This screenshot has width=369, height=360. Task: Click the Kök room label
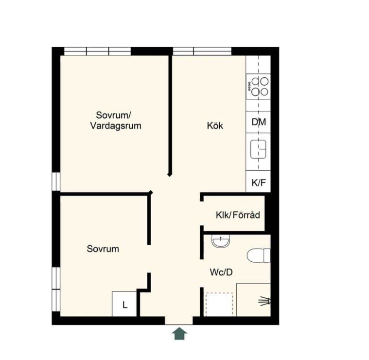[x=215, y=126]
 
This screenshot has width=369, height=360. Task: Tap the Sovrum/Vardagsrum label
[x=116, y=120]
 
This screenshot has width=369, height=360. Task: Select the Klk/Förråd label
[x=238, y=215]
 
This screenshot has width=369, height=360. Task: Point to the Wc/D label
[x=221, y=272]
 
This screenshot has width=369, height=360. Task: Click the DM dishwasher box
[x=258, y=122]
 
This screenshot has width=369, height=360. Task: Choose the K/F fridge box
[x=258, y=181]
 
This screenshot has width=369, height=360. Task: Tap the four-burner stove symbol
[x=258, y=87]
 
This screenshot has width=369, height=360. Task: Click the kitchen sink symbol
[x=258, y=149]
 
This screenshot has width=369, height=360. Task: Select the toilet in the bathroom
[x=259, y=255]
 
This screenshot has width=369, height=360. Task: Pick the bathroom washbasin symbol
[x=221, y=241]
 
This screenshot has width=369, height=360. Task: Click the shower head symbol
[x=265, y=301]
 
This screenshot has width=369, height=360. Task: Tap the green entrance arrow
[x=179, y=333]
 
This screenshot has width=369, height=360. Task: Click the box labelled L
[x=124, y=304]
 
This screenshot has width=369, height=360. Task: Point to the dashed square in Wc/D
[x=220, y=305]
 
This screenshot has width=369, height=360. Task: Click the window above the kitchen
[x=202, y=52]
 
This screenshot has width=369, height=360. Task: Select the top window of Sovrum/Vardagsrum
[x=97, y=52]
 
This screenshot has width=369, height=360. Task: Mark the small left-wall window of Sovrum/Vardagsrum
[x=56, y=181]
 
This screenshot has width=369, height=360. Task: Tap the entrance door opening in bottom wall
[x=179, y=321]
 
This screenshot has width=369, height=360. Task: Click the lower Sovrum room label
[x=103, y=249]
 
